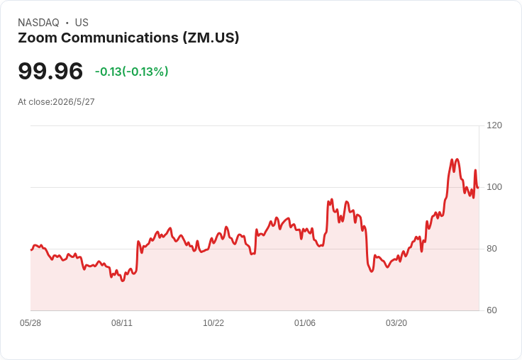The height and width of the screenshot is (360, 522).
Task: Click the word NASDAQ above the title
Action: coord(38,23)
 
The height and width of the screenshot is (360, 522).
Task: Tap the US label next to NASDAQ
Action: coord(82,23)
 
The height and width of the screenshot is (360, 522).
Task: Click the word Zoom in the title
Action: coord(38,38)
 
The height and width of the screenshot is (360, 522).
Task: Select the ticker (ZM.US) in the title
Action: coord(211,38)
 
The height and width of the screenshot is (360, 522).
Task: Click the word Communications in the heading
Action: coord(120,38)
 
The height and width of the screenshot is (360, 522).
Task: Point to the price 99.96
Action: coord(50,71)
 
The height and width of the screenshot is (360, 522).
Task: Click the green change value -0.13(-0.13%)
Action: coord(132,72)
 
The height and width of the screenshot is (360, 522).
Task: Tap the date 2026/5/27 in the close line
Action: coord(74,102)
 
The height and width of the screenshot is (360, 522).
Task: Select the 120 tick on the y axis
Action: coord(494,125)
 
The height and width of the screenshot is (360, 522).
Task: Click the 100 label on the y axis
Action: coord(494,187)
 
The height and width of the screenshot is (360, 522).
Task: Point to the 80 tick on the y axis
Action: coord(492,249)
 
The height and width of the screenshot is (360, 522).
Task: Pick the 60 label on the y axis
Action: coord(492,310)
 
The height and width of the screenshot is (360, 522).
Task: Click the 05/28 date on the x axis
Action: coord(30,323)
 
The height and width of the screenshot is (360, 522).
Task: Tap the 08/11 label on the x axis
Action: coord(122,323)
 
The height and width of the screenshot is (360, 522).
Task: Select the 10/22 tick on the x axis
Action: coord(213,323)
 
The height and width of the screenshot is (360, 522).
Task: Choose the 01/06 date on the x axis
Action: coord(304,323)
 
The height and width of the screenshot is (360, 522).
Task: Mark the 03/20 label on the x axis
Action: coord(396,323)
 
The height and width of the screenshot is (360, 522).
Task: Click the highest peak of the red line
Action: coord(457,159)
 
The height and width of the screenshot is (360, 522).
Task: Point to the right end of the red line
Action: coord(478,188)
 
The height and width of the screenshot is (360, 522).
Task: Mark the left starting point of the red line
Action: coord(31,250)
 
